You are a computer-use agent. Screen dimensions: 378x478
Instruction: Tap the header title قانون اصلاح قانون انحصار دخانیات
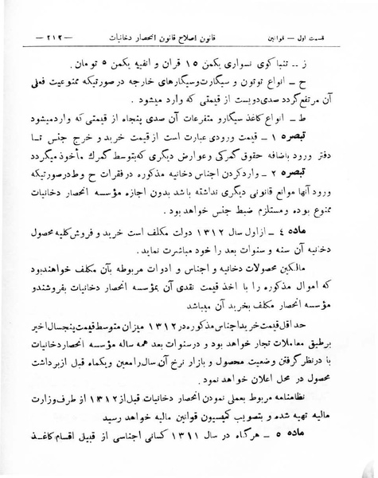188,37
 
